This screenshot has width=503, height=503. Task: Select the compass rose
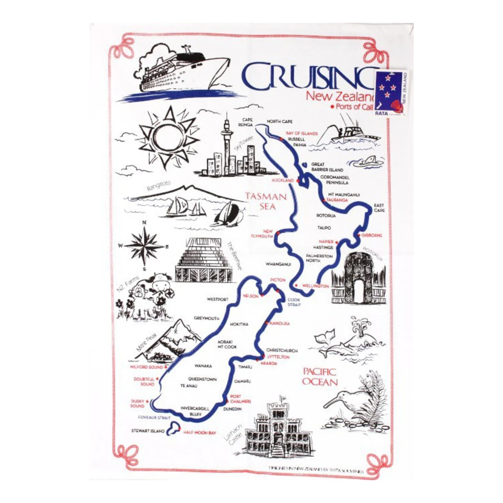click(x=145, y=246)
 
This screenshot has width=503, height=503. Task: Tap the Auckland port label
click(x=283, y=180)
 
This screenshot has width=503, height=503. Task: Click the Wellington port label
click(x=315, y=286)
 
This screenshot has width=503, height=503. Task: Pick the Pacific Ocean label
click(x=319, y=376)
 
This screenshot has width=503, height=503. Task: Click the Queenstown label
click(x=202, y=379)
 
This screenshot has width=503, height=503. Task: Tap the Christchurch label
click(x=282, y=350)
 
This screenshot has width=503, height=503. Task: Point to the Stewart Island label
click(x=148, y=430)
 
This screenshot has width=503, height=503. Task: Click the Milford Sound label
click(x=146, y=367)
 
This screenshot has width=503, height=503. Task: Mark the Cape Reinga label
click(x=246, y=122)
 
